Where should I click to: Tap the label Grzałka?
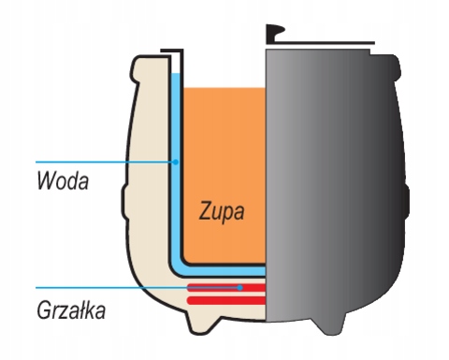(72, 308)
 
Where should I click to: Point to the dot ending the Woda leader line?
(175, 162)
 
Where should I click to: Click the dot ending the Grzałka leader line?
(240, 287)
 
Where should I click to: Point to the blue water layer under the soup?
(224, 271)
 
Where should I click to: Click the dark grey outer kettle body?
(337, 187)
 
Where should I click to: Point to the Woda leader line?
(94, 162)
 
